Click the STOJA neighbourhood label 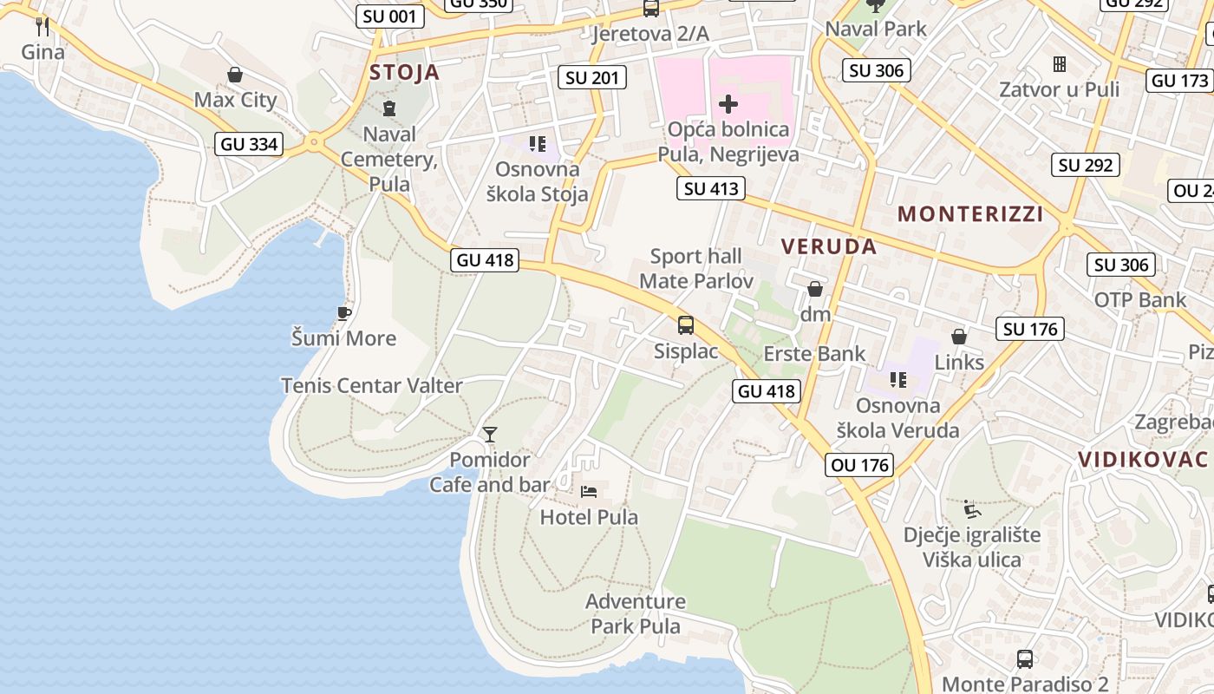[404, 72]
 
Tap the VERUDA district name [828, 246]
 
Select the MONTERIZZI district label [969, 213]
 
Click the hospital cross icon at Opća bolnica [728, 105]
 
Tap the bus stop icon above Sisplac [686, 325]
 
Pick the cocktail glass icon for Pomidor [490, 434]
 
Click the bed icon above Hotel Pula [589, 492]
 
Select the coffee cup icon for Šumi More [344, 313]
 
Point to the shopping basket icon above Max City [234, 75]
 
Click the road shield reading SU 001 [390, 16]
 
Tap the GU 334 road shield [250, 144]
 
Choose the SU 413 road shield [711, 188]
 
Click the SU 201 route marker [592, 77]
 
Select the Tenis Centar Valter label [371, 385]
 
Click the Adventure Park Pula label [636, 613]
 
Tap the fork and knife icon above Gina [42, 26]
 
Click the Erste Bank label [813, 353]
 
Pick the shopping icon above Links [959, 337]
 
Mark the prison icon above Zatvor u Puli [1059, 64]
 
